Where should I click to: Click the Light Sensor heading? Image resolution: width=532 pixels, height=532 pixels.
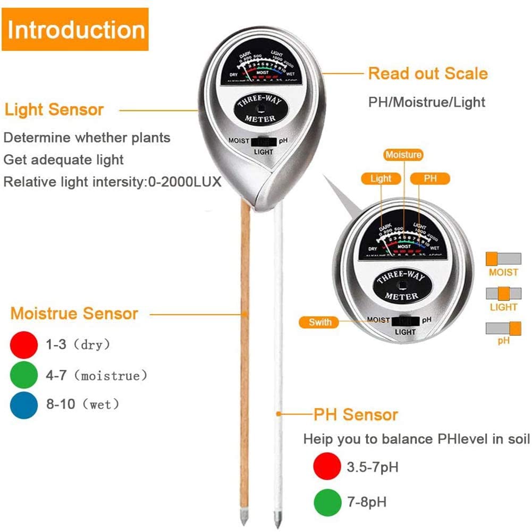54,110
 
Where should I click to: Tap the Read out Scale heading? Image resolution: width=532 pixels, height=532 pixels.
428,73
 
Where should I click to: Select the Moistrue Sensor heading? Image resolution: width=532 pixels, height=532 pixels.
74,314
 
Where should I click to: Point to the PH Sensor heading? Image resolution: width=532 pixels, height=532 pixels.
356,415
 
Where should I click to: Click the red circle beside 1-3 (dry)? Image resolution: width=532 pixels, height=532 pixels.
24,344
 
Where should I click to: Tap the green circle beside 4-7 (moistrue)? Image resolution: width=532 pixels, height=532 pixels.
24,375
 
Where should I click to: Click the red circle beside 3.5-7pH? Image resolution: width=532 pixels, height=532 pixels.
326,467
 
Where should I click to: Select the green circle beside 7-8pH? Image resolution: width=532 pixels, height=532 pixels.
326,501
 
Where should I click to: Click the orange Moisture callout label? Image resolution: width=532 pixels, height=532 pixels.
403,155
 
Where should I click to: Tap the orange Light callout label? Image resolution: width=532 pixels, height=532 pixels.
381,179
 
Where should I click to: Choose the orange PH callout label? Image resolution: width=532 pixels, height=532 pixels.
430,179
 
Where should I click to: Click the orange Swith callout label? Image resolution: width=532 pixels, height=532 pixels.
320,322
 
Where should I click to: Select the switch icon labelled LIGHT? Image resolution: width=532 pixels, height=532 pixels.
503,294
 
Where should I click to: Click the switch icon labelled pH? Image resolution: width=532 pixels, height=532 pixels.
503,328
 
